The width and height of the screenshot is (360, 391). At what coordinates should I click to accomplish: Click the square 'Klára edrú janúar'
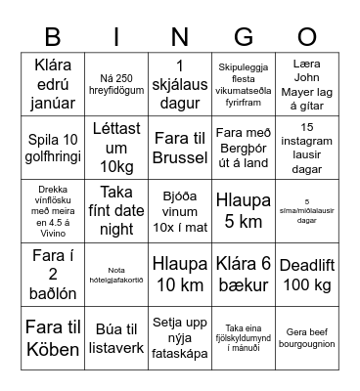pyautogui.click(x=49, y=79)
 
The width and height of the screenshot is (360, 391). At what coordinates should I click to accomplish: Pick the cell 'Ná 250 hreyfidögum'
pyautogui.click(x=114, y=79)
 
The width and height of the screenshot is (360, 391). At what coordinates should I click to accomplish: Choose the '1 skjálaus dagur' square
pyautogui.click(x=179, y=79)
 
